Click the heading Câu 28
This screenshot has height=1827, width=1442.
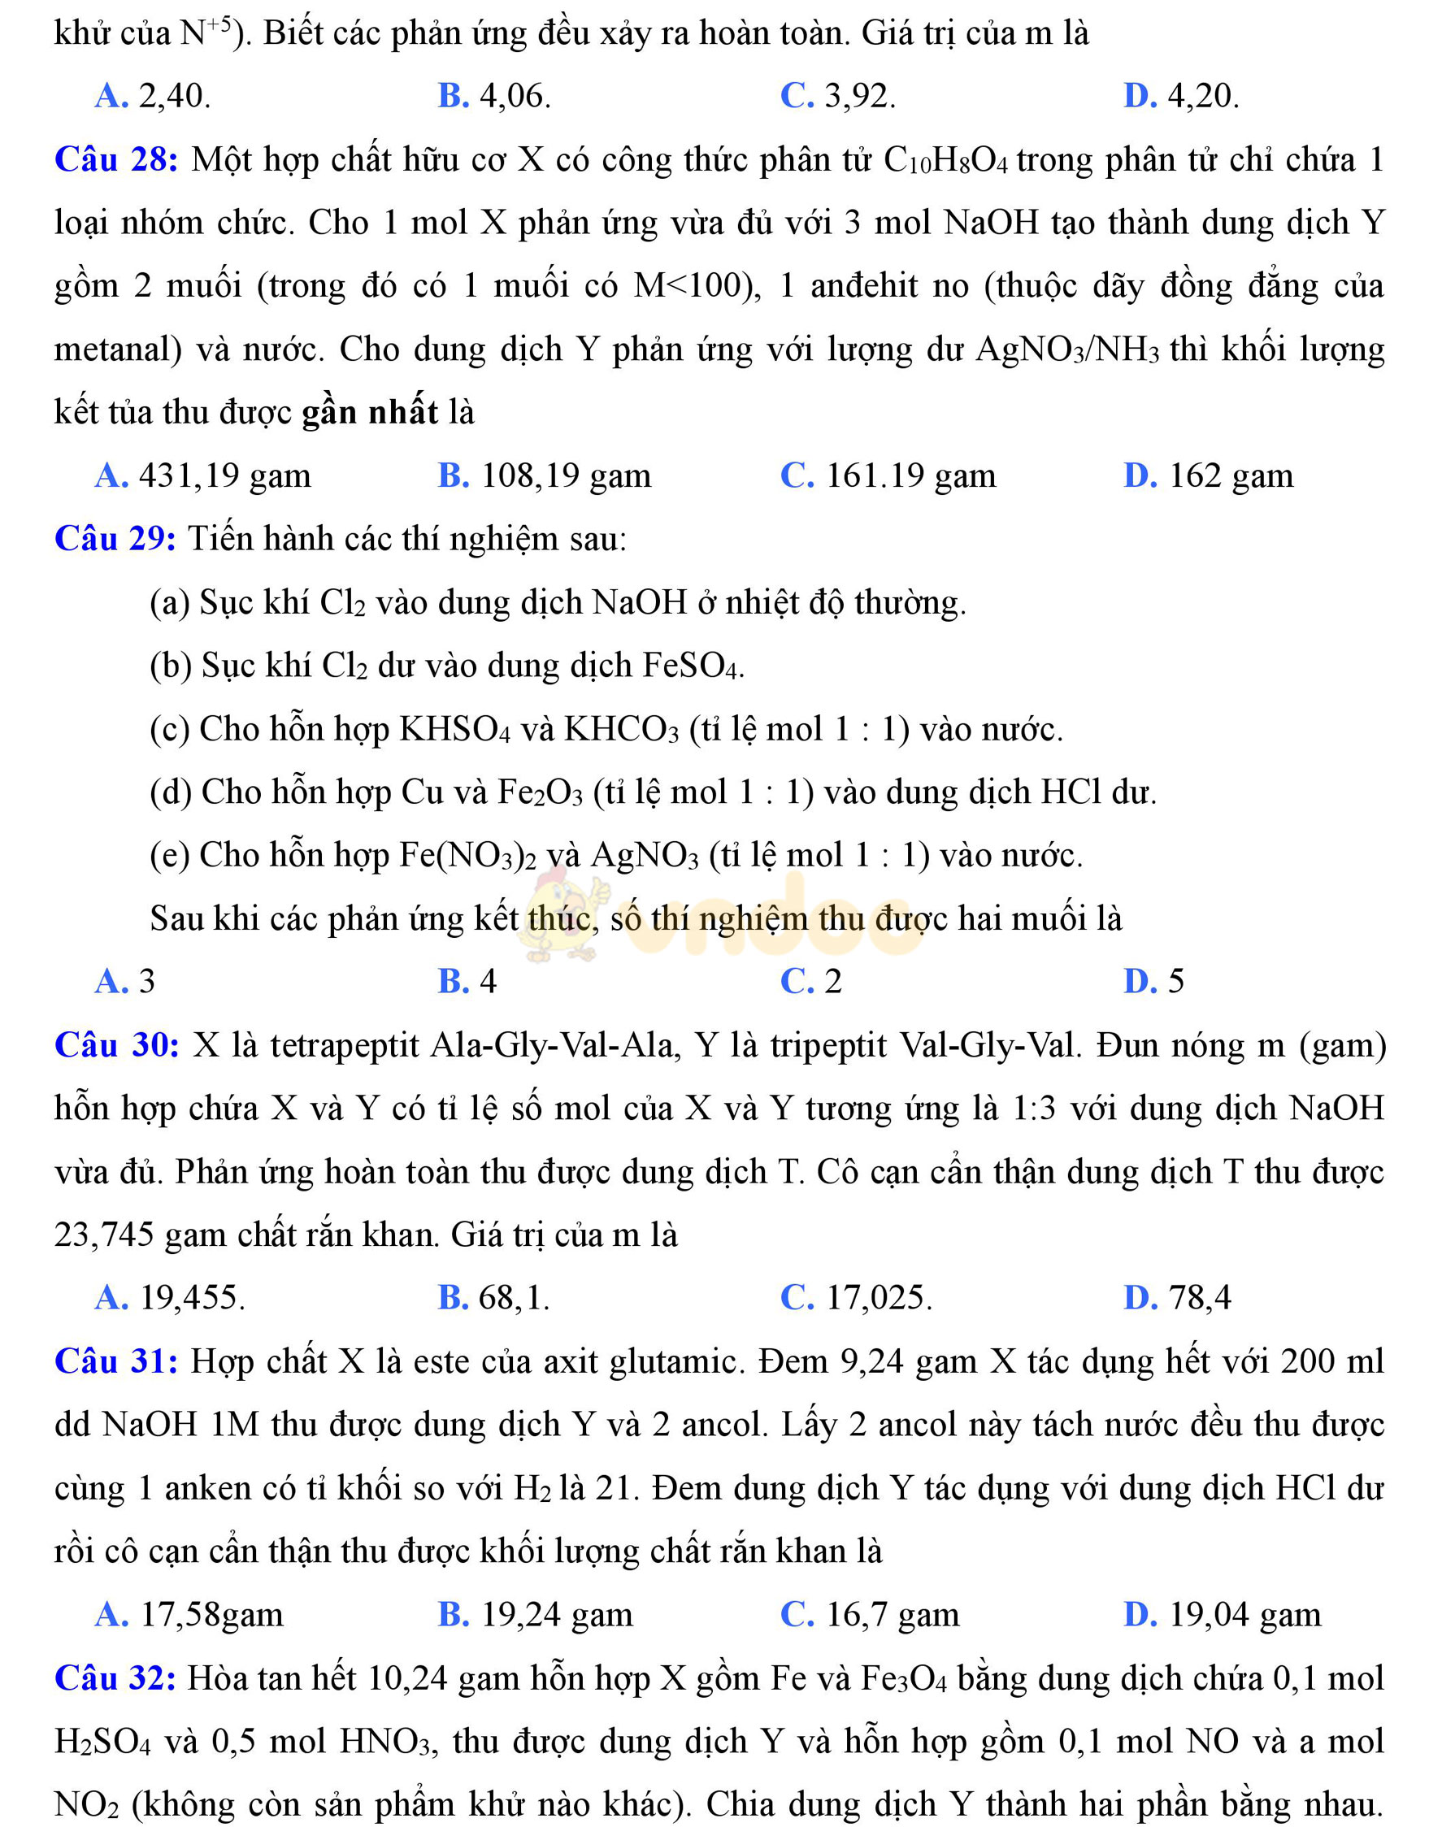coord(115,159)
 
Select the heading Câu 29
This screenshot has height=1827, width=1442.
coord(115,539)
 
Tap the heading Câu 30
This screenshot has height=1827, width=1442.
coord(116,1045)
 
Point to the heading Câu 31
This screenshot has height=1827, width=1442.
coord(115,1361)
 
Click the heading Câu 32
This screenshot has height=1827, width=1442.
coord(115,1677)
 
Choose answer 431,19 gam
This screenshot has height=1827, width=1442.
coord(202,476)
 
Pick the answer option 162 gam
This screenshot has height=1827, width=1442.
coord(1209,476)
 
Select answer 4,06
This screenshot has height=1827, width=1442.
coord(495,96)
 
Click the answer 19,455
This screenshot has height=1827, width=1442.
coord(171,1298)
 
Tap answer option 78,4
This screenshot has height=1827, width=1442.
coord(1179,1298)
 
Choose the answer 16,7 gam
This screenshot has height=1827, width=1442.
coord(871,1614)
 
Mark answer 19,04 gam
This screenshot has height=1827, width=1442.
coord(1223,1614)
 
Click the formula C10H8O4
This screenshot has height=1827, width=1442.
coord(945,160)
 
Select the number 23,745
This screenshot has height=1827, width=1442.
coord(104,1235)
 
